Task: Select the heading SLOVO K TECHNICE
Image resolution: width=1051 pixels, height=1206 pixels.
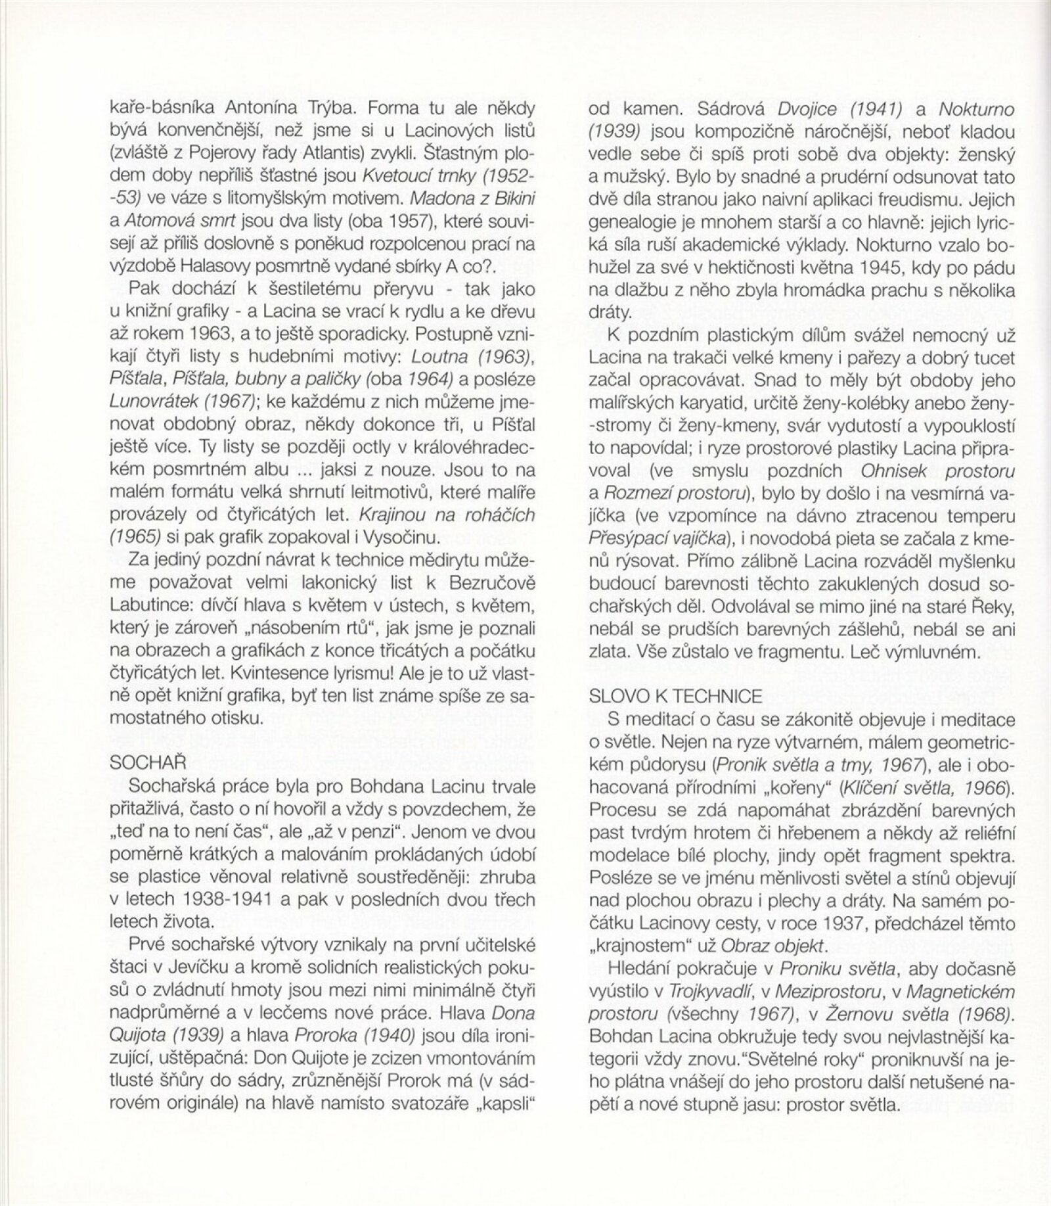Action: click(676, 697)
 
